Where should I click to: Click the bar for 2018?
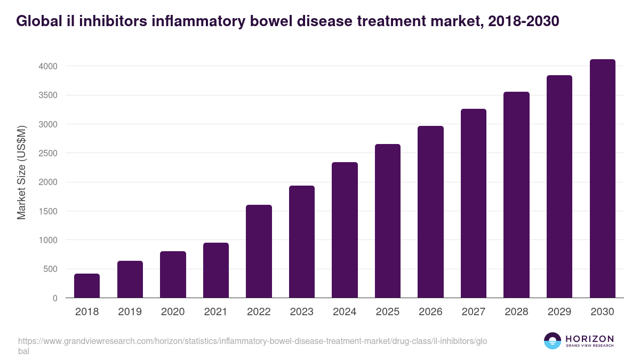point(87,286)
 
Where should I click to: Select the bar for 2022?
point(259,251)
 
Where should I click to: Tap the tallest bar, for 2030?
point(602,179)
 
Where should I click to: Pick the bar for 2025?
point(388,221)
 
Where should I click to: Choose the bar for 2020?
point(173,275)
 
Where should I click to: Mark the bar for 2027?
point(474,203)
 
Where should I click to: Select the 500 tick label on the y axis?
point(51,269)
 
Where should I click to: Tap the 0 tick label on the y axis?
point(55,298)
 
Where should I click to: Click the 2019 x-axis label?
point(130,312)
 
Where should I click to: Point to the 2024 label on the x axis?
point(345,312)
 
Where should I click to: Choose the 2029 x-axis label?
point(559,312)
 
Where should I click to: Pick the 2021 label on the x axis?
point(215,312)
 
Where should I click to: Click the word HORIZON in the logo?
point(590,339)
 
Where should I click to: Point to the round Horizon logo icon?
point(553,341)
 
